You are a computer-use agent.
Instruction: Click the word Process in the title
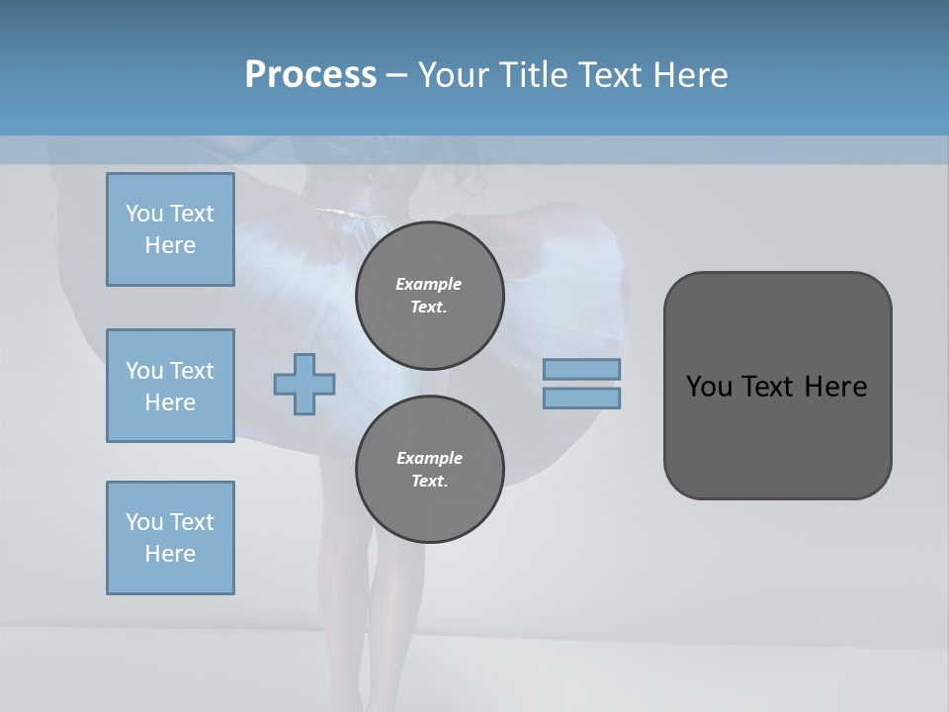(310, 74)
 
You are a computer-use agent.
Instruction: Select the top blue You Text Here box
(170, 229)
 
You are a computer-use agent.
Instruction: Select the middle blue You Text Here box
(170, 386)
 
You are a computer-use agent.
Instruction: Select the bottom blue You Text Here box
(170, 537)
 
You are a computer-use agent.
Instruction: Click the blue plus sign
(304, 385)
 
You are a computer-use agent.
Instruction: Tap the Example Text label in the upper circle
(429, 295)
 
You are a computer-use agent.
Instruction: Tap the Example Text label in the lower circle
(429, 469)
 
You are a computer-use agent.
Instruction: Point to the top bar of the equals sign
(582, 370)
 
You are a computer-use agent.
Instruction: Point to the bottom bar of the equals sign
(582, 398)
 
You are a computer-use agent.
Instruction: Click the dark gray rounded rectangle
(777, 445)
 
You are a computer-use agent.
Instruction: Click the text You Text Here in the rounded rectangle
(776, 387)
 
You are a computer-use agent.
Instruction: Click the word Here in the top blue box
(170, 245)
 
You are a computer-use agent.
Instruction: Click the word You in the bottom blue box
(144, 522)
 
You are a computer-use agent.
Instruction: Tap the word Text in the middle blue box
(192, 371)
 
